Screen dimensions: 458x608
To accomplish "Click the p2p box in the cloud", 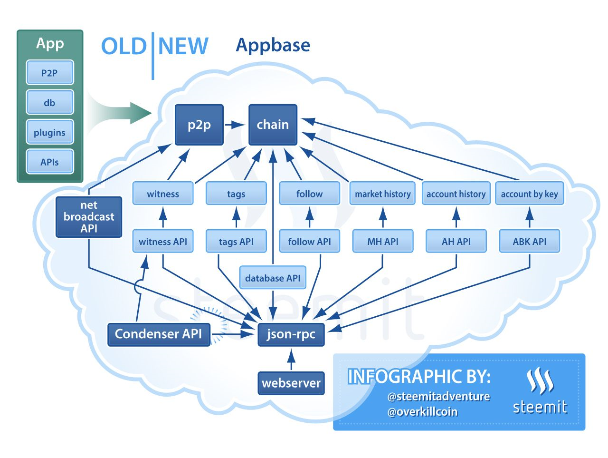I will (x=199, y=125).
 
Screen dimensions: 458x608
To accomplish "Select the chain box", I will (x=273, y=125).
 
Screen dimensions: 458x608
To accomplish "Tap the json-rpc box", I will (x=291, y=334).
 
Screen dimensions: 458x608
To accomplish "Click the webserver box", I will (x=291, y=383).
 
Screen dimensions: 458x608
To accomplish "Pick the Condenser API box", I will (x=159, y=334).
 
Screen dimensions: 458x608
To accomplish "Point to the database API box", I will (x=273, y=278).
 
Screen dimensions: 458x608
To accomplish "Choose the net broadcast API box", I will (x=89, y=217).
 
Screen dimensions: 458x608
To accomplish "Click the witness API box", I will (x=163, y=242).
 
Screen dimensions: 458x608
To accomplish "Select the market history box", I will (x=382, y=194).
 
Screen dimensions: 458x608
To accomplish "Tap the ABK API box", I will (x=529, y=242).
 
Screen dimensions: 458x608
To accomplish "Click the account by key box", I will (x=529, y=194).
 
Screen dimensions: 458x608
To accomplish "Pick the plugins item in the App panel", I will (x=49, y=133).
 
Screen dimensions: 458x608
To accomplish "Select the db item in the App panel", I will (x=49, y=103).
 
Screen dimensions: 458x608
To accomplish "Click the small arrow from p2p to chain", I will (x=235, y=125).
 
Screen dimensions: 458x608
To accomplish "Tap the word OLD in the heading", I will (x=123, y=47).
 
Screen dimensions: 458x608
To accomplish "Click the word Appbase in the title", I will (x=273, y=45).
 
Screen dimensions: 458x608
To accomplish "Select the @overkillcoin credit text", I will (x=422, y=412).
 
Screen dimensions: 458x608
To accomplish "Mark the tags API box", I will (x=236, y=242).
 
